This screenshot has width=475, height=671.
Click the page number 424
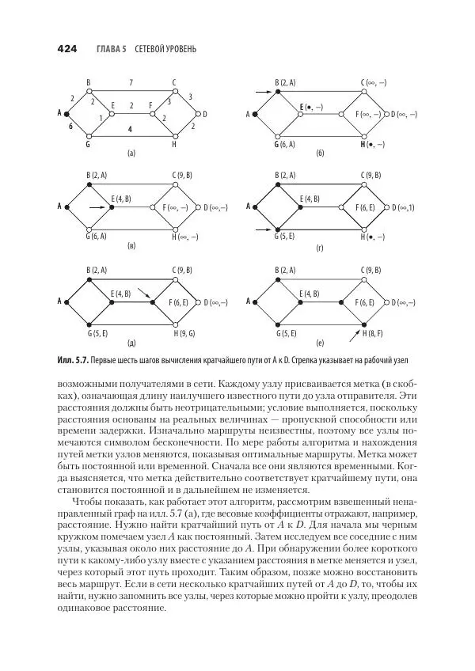click(66, 49)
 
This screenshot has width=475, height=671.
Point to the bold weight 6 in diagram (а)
click(70, 126)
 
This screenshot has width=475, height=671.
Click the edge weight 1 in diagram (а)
click(101, 118)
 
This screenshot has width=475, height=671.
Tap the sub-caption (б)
click(320, 152)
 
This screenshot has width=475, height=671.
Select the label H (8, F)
click(370, 334)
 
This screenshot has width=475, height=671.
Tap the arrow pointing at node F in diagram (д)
click(142, 294)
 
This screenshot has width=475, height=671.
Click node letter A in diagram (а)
click(59, 112)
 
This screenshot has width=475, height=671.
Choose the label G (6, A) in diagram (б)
click(284, 144)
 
